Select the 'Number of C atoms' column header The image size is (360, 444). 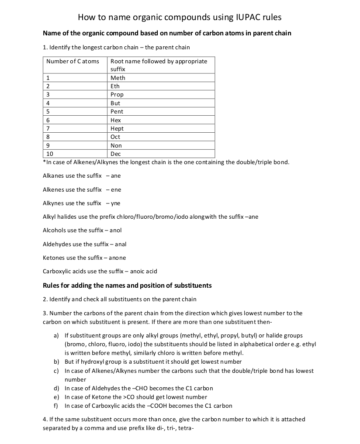(x=73, y=61)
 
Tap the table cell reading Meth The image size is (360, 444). (x=118, y=78)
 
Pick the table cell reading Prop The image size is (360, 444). (x=117, y=95)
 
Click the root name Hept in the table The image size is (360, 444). (x=117, y=129)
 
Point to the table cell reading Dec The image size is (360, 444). (x=116, y=154)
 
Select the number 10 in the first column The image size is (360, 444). (x=49, y=154)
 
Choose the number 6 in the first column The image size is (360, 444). (x=48, y=120)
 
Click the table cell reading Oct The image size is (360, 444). (x=116, y=137)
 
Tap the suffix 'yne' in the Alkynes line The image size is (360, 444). (x=115, y=203)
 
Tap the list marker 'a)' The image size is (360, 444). (x=56, y=336)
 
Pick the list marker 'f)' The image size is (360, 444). (x=56, y=406)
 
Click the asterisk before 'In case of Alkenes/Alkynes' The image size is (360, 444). (x=44, y=162)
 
